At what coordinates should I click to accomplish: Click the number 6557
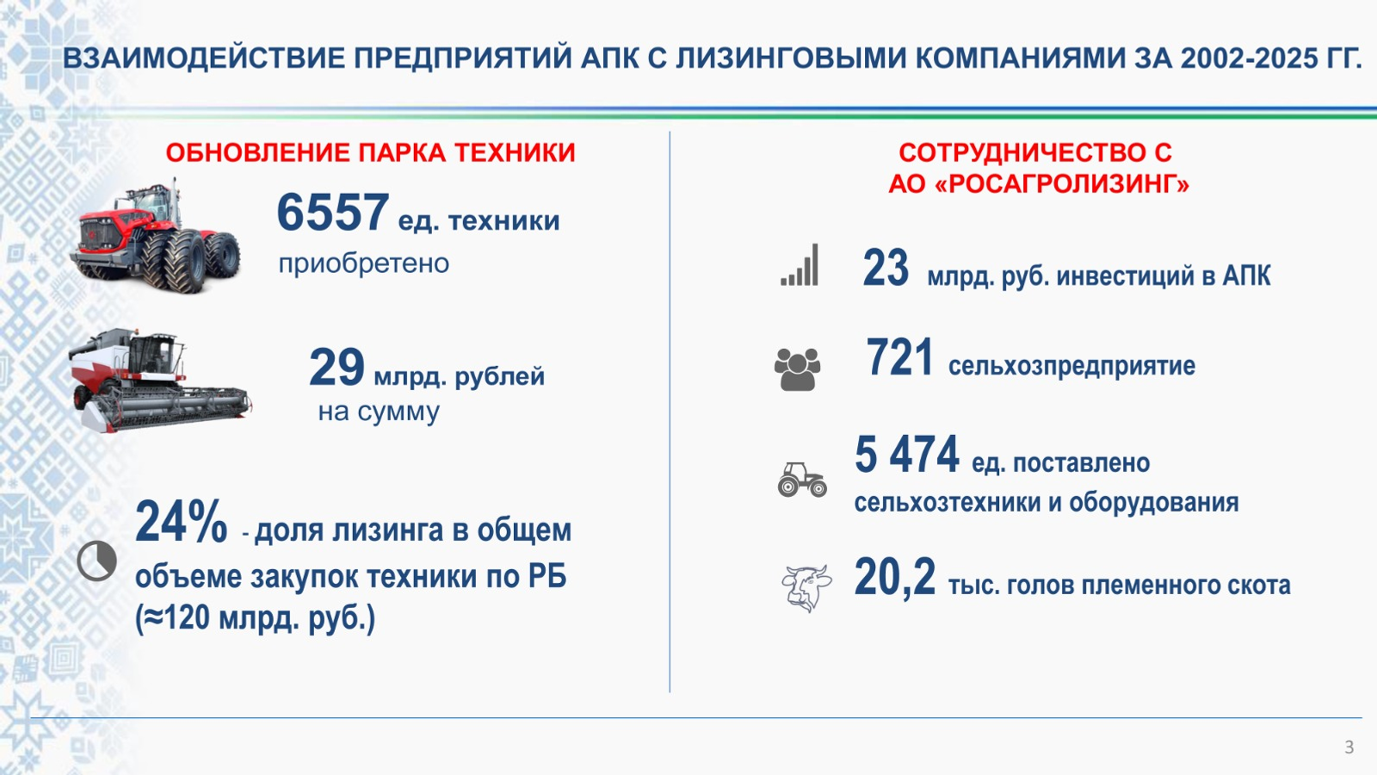[x=332, y=213]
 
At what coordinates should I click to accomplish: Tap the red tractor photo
[x=155, y=239]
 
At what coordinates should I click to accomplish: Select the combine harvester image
[x=159, y=381]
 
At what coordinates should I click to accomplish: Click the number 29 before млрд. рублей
[x=337, y=368]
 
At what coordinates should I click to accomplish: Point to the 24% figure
[x=181, y=522]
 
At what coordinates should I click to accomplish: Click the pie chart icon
[x=96, y=561]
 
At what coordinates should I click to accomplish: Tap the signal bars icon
[x=800, y=265]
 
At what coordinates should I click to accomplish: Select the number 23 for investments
[x=886, y=268]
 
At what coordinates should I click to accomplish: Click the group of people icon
[x=797, y=369]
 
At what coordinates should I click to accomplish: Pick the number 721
[x=899, y=358]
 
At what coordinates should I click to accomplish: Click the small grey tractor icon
[x=801, y=480]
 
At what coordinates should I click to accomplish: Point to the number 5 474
[x=906, y=455]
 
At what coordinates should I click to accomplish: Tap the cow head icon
[x=806, y=588]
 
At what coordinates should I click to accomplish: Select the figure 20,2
[x=894, y=577]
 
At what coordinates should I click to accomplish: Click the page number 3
[x=1349, y=747]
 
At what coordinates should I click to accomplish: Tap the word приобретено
[x=363, y=263]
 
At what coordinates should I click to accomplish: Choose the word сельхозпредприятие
[x=1071, y=366]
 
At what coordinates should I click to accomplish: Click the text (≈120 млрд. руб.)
[x=255, y=618]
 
